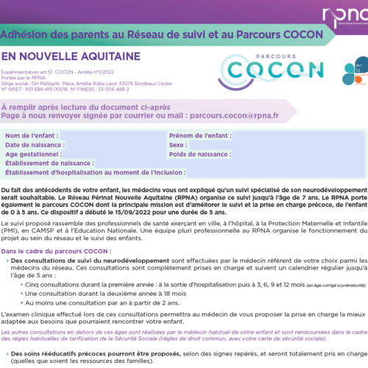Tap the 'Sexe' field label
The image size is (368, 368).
[x=180, y=146]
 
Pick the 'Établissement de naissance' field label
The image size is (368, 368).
[x=51, y=163]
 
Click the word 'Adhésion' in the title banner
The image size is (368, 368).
[x=28, y=35]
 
